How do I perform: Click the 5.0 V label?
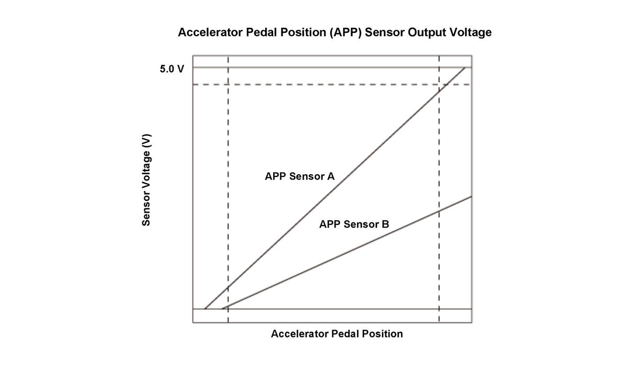pyautogui.click(x=172, y=69)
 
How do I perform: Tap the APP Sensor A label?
pyautogui.click(x=299, y=176)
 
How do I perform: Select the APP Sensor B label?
pyautogui.click(x=354, y=224)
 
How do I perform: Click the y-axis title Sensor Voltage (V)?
pyautogui.click(x=147, y=180)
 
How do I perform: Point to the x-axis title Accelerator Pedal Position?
pyautogui.click(x=337, y=334)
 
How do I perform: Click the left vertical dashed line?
pyautogui.click(x=228, y=157)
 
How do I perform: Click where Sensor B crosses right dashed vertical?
pyautogui.click(x=439, y=210)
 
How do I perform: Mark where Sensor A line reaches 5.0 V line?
pyautogui.click(x=465, y=68)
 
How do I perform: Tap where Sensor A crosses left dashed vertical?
pyautogui.click(x=228, y=287)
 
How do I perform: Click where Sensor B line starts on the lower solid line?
pyautogui.click(x=222, y=309)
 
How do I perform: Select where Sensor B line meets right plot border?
pyautogui.click(x=472, y=196)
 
